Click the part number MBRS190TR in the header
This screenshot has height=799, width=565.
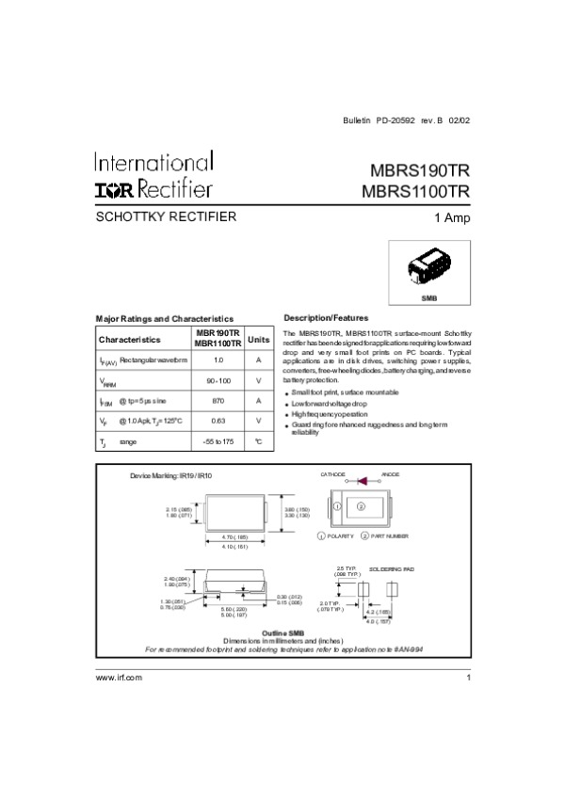(x=414, y=172)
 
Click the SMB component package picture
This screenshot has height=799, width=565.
(x=428, y=267)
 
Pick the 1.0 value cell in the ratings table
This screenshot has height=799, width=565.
(x=218, y=360)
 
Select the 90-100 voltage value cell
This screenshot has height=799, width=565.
(x=218, y=381)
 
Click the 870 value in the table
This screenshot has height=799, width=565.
(x=218, y=401)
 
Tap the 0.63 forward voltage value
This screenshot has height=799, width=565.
(x=218, y=421)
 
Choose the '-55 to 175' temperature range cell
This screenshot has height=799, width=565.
(x=218, y=440)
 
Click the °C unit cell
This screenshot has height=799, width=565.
(x=258, y=440)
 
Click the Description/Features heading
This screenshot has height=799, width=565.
(x=326, y=318)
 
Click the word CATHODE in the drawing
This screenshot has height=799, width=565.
(x=333, y=473)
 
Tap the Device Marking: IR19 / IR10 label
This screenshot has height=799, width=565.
(x=170, y=476)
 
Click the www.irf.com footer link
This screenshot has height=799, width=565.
(x=119, y=678)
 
